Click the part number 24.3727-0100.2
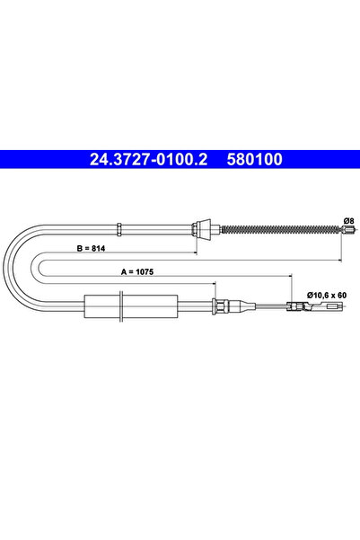tap(148, 159)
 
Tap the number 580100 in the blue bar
tap(254, 159)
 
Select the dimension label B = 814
tap(91, 248)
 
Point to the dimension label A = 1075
tap(137, 271)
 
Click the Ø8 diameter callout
tap(348, 220)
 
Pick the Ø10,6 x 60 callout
tap(327, 295)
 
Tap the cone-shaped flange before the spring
tap(204, 229)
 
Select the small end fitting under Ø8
tap(348, 230)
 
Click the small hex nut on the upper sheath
tap(119, 229)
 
